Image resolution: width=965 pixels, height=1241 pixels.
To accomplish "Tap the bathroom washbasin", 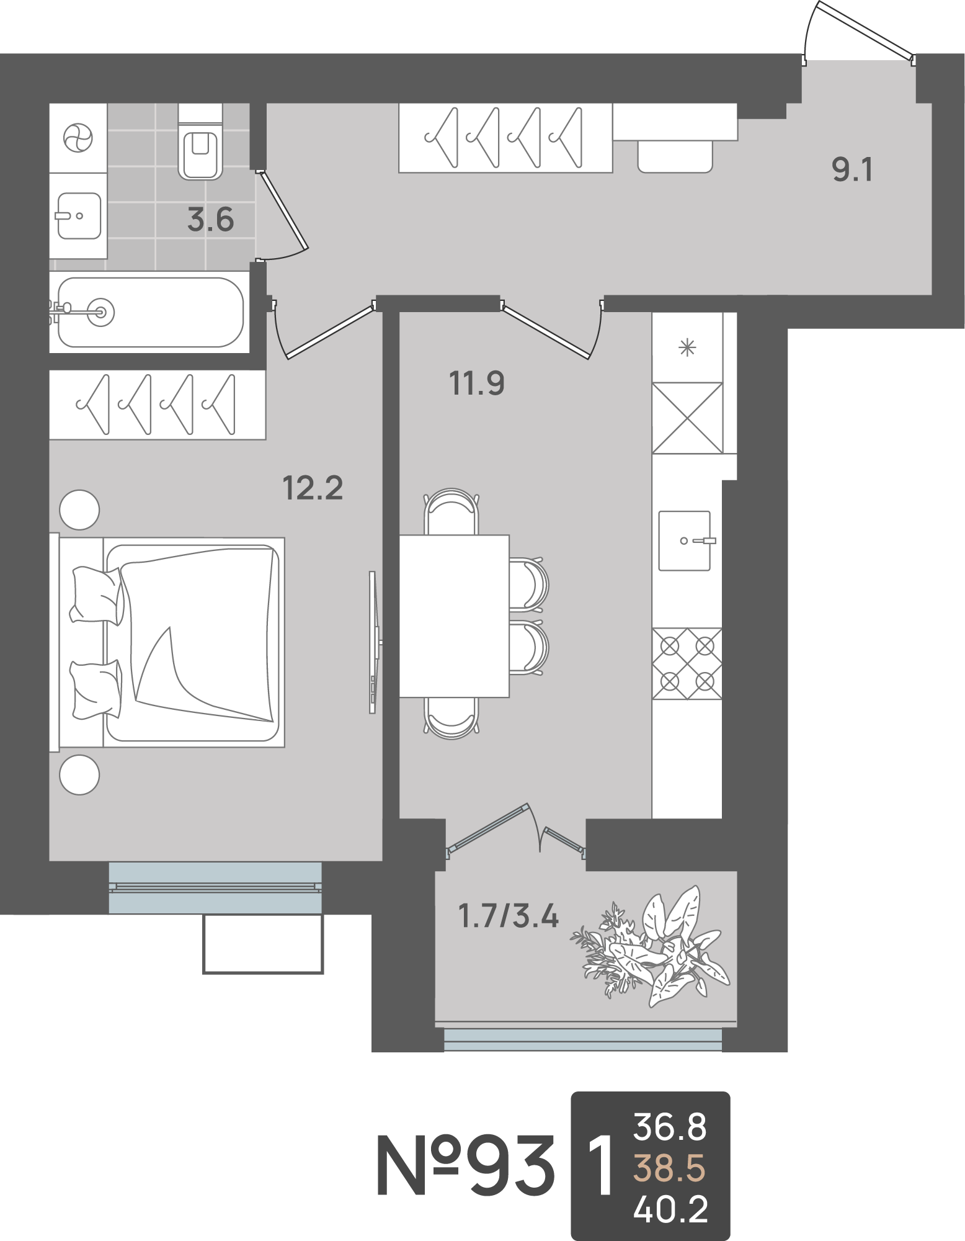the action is point(79,216).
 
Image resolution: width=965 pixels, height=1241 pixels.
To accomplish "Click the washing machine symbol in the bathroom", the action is point(78,138).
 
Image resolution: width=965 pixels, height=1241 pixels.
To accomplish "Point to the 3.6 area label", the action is point(211,220).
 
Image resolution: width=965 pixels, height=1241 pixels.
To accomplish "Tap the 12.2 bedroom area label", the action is point(313,488).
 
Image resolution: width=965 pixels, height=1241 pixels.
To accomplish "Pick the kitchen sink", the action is point(685,540).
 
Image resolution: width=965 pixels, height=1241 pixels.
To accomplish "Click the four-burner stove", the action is point(687,664).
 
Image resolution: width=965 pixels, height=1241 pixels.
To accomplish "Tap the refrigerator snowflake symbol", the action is point(687,347).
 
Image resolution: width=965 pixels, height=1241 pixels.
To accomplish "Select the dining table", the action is point(454,616).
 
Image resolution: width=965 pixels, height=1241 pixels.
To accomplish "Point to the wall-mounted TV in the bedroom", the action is point(374,642).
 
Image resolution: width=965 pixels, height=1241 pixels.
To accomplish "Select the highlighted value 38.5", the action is point(670,1169).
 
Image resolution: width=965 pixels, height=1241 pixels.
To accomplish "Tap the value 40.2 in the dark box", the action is point(671,1209).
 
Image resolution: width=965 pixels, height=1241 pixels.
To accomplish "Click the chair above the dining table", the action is point(452,511).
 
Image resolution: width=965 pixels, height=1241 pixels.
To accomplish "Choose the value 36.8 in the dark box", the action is point(670,1127).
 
